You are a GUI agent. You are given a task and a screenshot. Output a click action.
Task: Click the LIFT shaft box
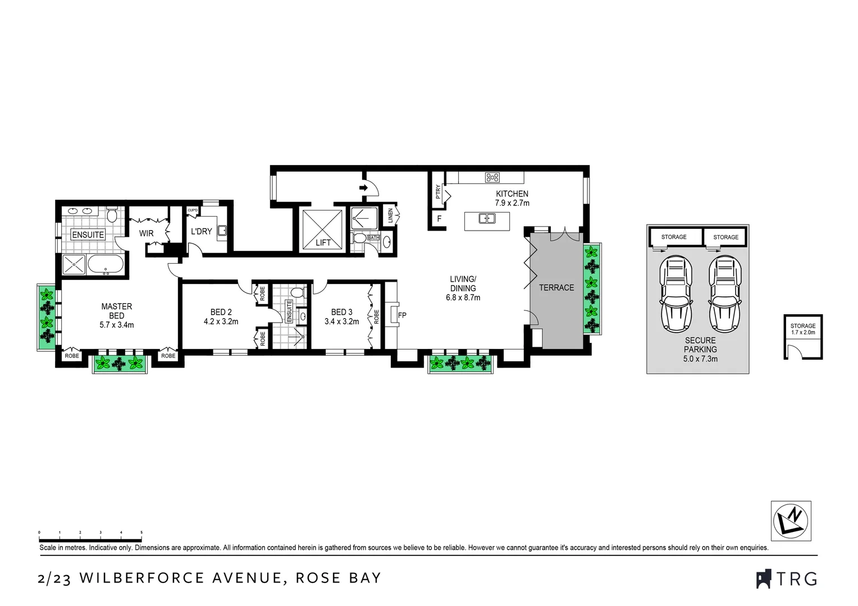point(322,230)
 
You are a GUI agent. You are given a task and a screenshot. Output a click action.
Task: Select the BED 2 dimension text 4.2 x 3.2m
point(221,322)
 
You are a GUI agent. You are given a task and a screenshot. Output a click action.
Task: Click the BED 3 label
point(341,312)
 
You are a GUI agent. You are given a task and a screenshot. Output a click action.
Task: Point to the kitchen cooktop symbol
point(492,178)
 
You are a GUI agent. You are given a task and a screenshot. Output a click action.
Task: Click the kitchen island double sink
point(487,218)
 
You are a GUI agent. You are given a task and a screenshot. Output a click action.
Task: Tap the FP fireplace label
point(402,315)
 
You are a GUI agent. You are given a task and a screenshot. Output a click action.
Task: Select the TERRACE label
point(556,287)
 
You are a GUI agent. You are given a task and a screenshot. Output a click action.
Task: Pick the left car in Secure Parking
point(676,295)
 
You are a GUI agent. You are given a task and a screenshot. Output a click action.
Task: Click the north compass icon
point(791,520)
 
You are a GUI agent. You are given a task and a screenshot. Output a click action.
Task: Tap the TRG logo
point(787,579)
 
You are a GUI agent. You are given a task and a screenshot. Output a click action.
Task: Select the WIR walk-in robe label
point(146,233)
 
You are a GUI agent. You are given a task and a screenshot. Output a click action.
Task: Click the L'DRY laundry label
point(201,231)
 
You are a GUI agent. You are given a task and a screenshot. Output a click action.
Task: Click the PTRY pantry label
point(438,192)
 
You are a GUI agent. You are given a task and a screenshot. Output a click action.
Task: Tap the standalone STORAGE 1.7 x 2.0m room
point(803,337)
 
